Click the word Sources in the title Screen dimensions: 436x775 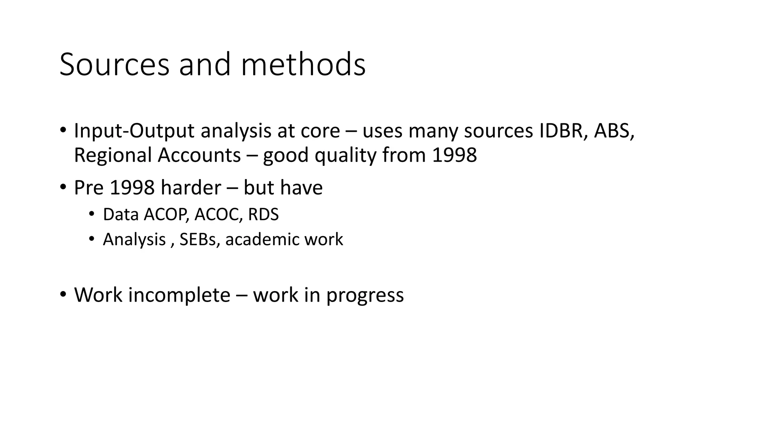point(114,65)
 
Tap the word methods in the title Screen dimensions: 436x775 point(303,65)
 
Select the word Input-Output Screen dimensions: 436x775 point(134,131)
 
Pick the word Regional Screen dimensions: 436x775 point(112,155)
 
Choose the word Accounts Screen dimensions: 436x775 point(199,155)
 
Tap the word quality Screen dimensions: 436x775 point(345,155)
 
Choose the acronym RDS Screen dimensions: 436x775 point(263,215)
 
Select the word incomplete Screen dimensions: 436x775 point(179,295)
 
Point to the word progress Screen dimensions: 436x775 point(365,295)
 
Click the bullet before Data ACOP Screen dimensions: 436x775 point(91,214)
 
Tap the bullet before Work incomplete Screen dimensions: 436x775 point(63,294)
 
